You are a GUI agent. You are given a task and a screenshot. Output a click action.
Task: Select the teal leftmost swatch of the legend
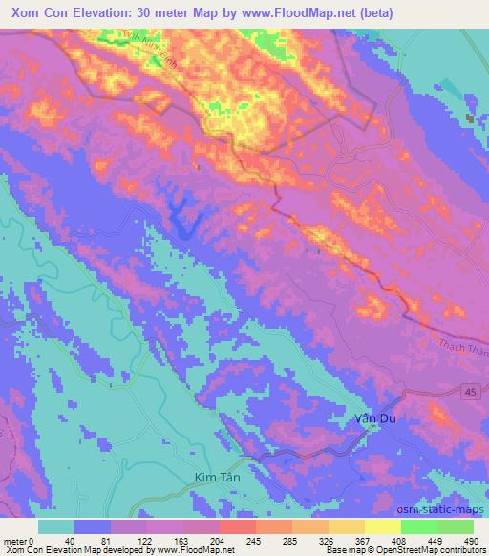pos(56,526)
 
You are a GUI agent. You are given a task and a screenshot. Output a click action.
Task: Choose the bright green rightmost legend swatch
pos(455,526)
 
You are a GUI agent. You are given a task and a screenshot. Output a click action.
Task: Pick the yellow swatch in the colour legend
pos(382,526)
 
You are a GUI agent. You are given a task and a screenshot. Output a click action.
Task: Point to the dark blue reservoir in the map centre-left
pos(181,222)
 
